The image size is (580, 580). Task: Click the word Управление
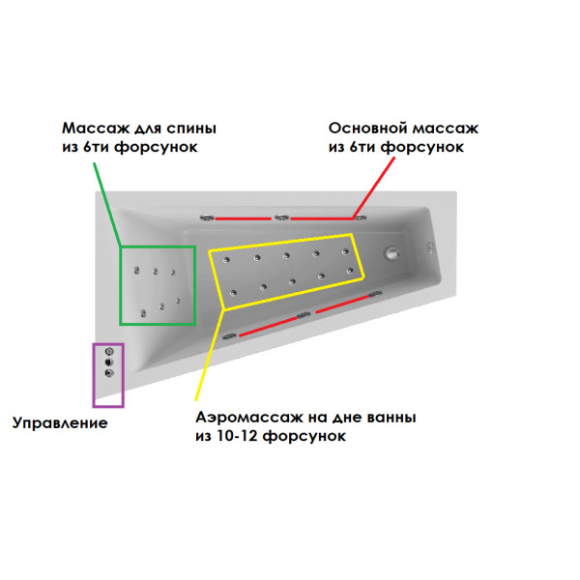coord(60,422)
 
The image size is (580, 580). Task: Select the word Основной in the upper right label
coord(368,129)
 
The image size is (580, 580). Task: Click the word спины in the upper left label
coord(191,129)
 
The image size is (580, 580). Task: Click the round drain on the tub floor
coord(391,253)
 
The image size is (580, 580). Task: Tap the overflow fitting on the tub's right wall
coord(430,246)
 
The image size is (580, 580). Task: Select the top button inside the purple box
coord(109,351)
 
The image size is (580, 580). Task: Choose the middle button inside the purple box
coord(109,362)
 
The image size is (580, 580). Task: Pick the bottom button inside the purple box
coord(109,373)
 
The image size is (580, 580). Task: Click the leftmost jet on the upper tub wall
coord(208,217)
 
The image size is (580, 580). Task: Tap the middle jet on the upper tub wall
coord(282,217)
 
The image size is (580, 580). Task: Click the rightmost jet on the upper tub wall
coord(361,217)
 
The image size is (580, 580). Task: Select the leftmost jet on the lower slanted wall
coord(229,336)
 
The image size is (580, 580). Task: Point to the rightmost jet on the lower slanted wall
coord(375,294)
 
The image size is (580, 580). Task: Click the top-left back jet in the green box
coord(137,271)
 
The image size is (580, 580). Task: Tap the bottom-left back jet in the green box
coord(143,313)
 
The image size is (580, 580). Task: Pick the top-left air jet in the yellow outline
coord(227,260)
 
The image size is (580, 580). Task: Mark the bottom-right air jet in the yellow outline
coord(350,271)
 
